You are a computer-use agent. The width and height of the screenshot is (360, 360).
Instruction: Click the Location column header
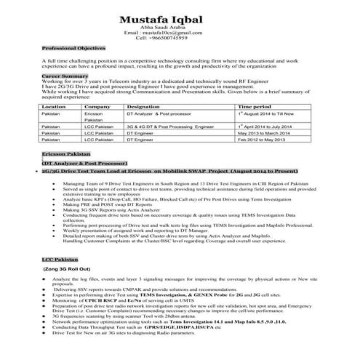55,106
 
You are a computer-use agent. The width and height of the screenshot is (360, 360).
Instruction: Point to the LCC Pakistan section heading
59,260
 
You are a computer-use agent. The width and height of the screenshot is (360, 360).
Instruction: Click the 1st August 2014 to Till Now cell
268,115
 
